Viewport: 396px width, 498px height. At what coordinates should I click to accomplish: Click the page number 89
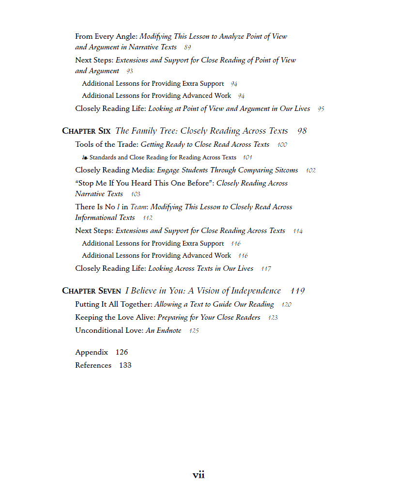(187, 47)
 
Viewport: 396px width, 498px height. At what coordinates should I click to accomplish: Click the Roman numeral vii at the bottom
(198, 475)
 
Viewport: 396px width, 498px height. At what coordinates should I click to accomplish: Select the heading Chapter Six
(87, 131)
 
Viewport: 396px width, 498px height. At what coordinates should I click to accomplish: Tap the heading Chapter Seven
(91, 291)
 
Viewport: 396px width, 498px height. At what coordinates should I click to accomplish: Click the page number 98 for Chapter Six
(302, 131)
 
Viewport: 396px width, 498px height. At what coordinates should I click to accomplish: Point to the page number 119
(298, 291)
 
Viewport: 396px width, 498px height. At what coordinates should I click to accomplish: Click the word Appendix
(91, 352)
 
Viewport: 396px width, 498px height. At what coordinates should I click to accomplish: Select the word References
(93, 365)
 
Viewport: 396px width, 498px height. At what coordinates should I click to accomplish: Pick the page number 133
(125, 365)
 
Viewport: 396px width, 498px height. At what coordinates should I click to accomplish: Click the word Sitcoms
(286, 170)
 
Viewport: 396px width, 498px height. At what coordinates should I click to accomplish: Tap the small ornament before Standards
(85, 157)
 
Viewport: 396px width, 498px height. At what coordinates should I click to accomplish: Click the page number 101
(247, 157)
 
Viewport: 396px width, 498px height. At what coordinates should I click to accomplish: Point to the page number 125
(194, 331)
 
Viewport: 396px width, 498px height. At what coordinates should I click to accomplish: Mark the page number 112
(147, 218)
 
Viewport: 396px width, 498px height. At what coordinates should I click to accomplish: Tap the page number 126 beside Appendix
(122, 352)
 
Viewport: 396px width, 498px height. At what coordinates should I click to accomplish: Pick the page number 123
(273, 318)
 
